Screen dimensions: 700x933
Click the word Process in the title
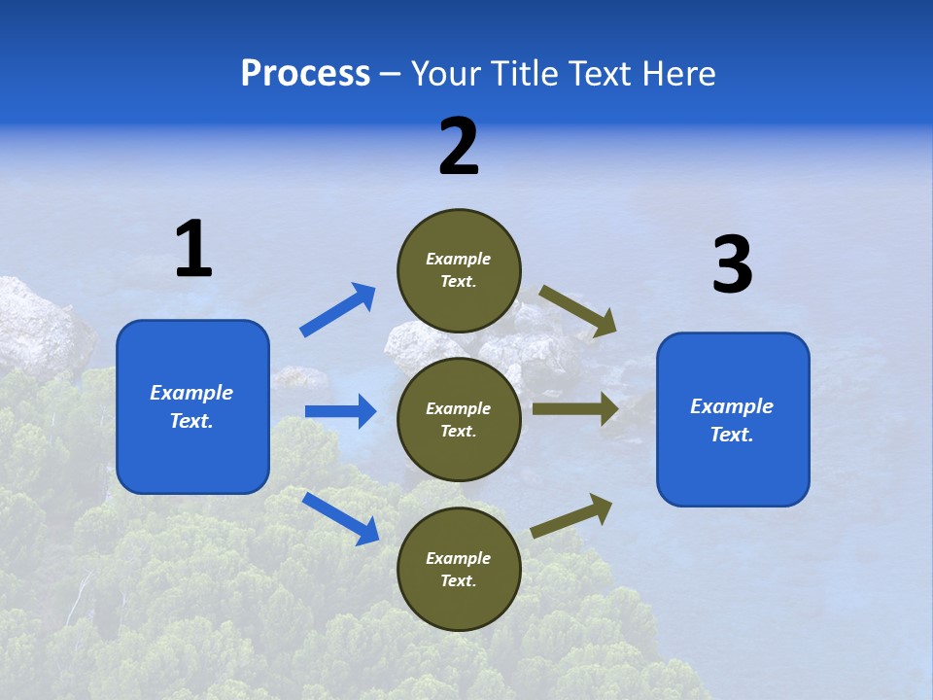coord(305,74)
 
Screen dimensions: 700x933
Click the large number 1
coord(193,250)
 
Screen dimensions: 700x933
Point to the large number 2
coord(459,148)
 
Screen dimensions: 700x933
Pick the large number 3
coord(732,265)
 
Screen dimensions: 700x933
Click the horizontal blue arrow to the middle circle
coord(340,411)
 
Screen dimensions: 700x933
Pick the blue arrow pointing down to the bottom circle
coord(340,517)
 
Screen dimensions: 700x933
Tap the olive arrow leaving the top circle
coord(578,310)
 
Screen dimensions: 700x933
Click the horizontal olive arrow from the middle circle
coord(574,408)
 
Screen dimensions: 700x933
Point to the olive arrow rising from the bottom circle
coord(571,515)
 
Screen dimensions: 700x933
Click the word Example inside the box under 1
coord(191,393)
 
